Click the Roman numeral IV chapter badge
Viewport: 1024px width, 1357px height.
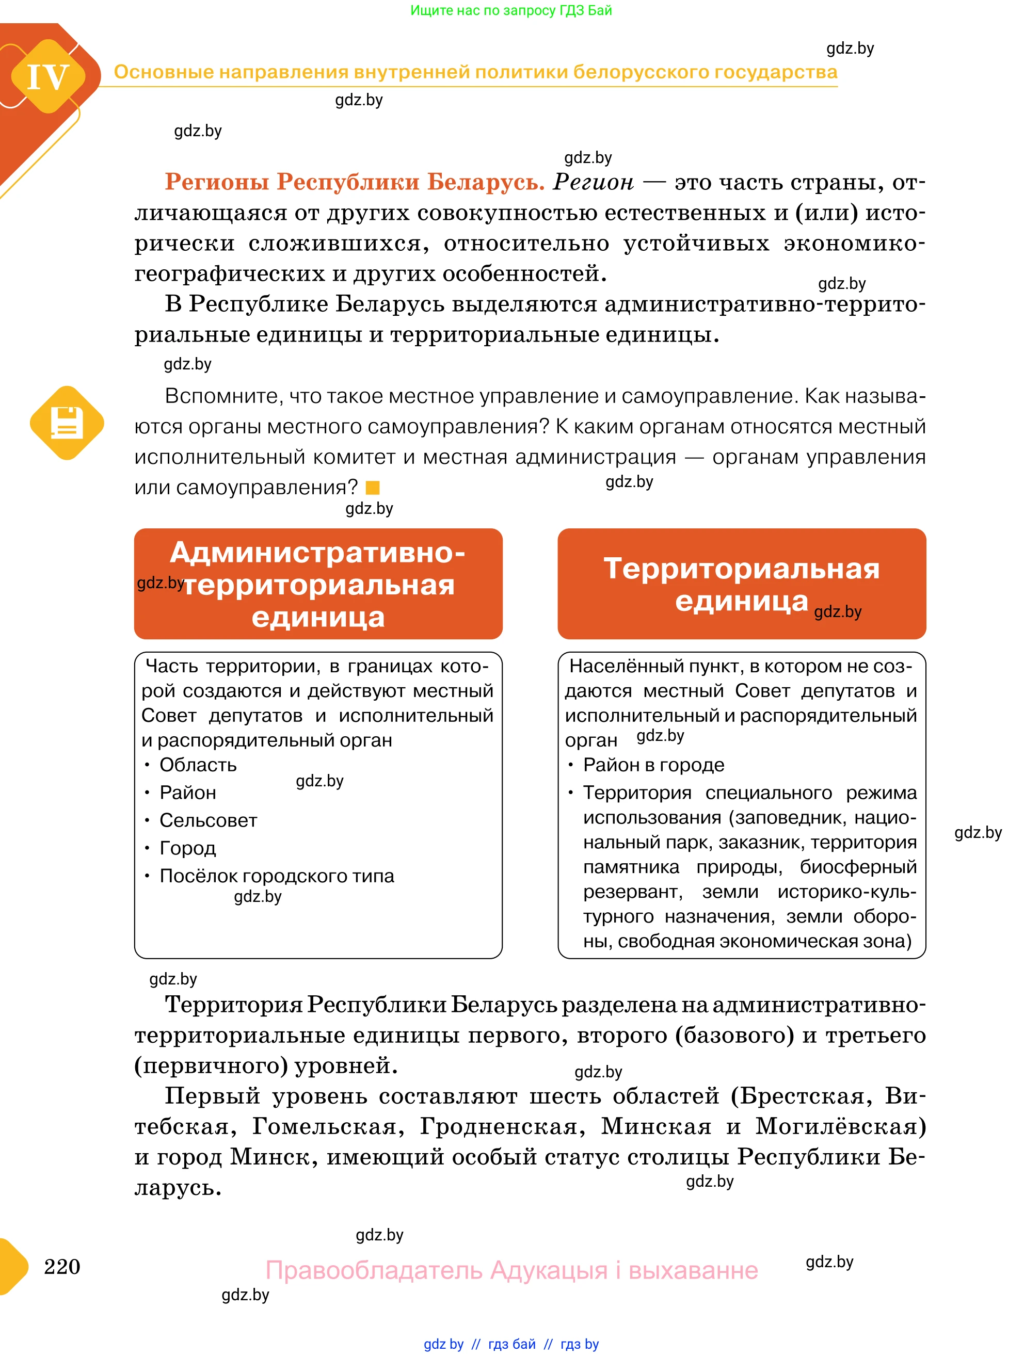tap(48, 77)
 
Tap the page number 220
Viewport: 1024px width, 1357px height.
tap(62, 1266)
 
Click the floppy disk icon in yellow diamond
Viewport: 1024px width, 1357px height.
tap(67, 423)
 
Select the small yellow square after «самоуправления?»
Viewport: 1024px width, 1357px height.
tap(373, 488)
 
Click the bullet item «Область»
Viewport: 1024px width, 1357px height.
tap(198, 765)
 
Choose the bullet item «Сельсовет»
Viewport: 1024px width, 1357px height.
tap(208, 820)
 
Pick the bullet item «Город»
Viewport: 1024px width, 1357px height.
tap(188, 848)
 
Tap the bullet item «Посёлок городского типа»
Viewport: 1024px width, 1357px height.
tap(277, 876)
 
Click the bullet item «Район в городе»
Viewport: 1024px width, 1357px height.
tap(653, 765)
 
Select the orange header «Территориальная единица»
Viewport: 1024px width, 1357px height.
tap(741, 584)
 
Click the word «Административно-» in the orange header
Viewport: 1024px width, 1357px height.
tap(318, 552)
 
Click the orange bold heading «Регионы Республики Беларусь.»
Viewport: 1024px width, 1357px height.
tap(355, 182)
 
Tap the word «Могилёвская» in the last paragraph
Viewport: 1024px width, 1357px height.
tap(839, 1126)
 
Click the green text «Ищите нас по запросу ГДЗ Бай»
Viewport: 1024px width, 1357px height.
tap(511, 10)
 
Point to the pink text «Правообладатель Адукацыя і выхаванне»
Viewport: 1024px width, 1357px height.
tap(511, 1270)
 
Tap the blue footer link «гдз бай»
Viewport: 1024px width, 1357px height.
tap(511, 1344)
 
